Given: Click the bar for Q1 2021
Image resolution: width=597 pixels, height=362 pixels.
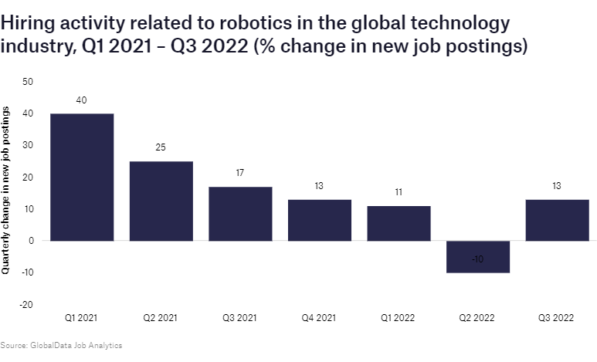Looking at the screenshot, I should (82, 177).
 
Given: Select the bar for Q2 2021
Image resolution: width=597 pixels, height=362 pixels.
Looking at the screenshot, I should (161, 201).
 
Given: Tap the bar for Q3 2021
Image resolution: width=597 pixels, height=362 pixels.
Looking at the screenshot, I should (240, 214).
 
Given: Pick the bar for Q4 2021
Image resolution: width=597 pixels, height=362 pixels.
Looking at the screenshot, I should (319, 220).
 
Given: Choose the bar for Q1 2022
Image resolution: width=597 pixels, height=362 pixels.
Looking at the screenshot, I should (399, 223).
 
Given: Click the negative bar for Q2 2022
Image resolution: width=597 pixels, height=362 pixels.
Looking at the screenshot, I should (477, 256).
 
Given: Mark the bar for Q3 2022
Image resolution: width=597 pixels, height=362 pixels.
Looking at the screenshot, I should (557, 220).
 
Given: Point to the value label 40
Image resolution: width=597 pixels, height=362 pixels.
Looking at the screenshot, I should (82, 100).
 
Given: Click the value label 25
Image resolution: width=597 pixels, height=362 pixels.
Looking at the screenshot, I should (161, 147).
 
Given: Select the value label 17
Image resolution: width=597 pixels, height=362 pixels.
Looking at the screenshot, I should (240, 173).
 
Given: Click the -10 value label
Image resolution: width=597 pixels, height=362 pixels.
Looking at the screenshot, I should (477, 259).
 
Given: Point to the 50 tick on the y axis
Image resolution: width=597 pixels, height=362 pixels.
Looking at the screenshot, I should (29, 81).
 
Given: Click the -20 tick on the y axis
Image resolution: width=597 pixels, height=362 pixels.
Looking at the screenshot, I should (27, 305).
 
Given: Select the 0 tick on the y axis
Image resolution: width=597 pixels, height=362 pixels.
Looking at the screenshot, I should (31, 241).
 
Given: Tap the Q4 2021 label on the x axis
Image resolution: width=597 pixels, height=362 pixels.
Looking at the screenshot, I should (319, 317).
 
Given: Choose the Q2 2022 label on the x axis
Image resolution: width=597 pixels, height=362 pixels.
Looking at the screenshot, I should (477, 317).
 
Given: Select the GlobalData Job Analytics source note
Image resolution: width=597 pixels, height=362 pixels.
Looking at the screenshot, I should (61, 345).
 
